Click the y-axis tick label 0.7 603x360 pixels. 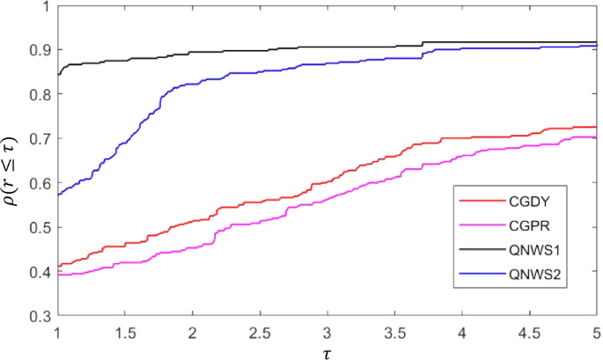pos(38,138)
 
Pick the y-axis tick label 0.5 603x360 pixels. pos(38,227)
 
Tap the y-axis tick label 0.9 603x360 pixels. pos(38,50)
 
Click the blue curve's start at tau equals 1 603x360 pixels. pos(59,194)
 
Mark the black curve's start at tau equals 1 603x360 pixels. pos(59,71)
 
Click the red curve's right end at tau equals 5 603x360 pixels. pos(595,127)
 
